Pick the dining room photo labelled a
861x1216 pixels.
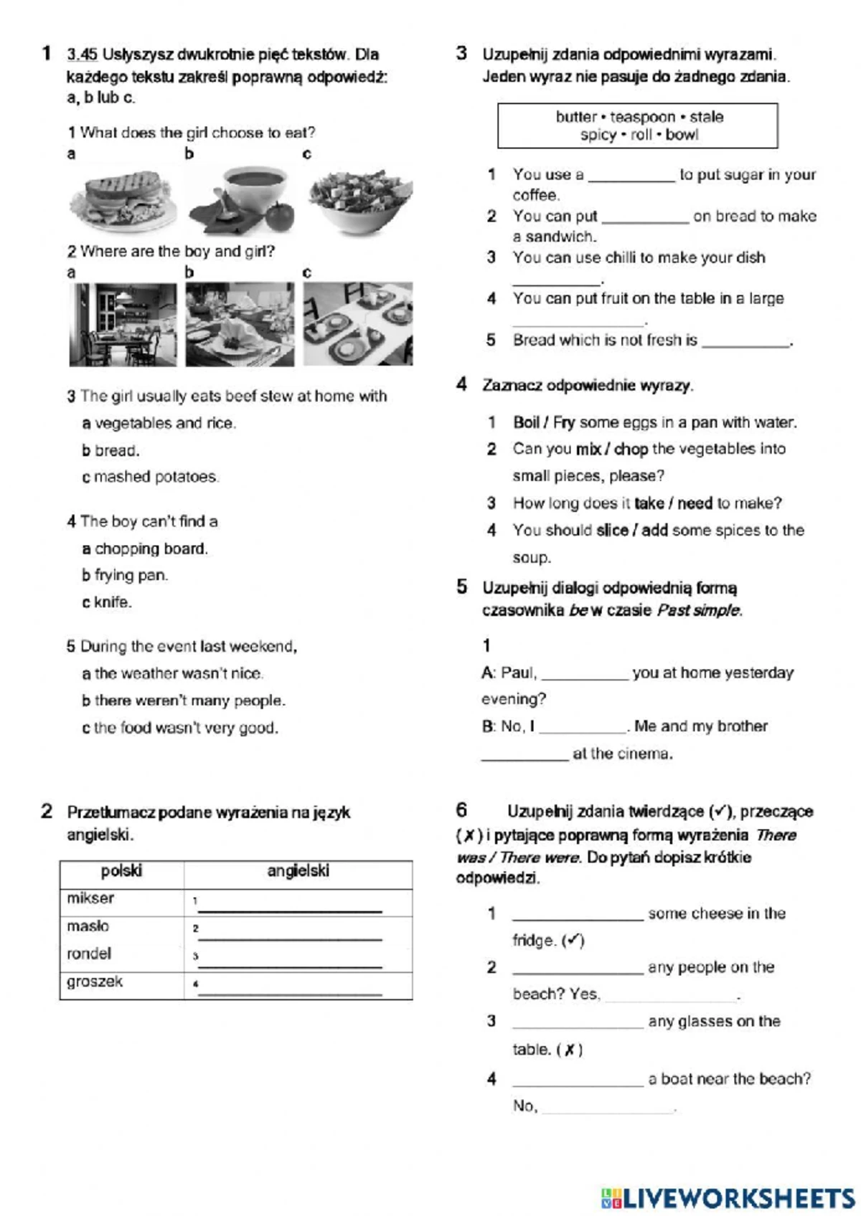[123, 324]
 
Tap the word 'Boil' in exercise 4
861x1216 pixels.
[526, 422]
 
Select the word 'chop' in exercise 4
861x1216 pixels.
[631, 449]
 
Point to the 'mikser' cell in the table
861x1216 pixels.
[91, 898]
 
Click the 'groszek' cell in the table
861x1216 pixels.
[95, 982]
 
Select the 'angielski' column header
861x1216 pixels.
[298, 871]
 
